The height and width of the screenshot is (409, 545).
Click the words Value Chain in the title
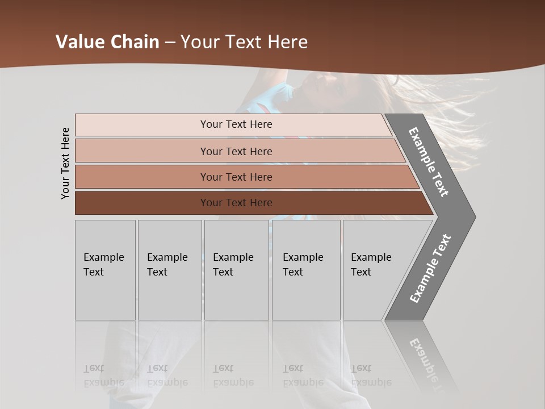[x=107, y=42]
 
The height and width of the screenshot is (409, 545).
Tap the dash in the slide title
[x=170, y=43]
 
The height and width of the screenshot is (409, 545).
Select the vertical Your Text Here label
[x=65, y=163]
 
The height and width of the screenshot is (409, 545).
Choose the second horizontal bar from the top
[x=236, y=151]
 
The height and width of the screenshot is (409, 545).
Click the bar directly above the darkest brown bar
[x=236, y=177]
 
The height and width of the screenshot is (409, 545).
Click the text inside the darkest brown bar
[x=236, y=203]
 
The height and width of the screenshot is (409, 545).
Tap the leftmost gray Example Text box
[x=105, y=270]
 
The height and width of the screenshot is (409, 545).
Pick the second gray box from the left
[x=169, y=270]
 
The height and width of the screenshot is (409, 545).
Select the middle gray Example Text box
[x=236, y=270]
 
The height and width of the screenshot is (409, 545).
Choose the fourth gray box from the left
[x=305, y=270]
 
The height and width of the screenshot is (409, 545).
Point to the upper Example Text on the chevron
[x=429, y=162]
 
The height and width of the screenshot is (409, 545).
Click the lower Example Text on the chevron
[x=430, y=268]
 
